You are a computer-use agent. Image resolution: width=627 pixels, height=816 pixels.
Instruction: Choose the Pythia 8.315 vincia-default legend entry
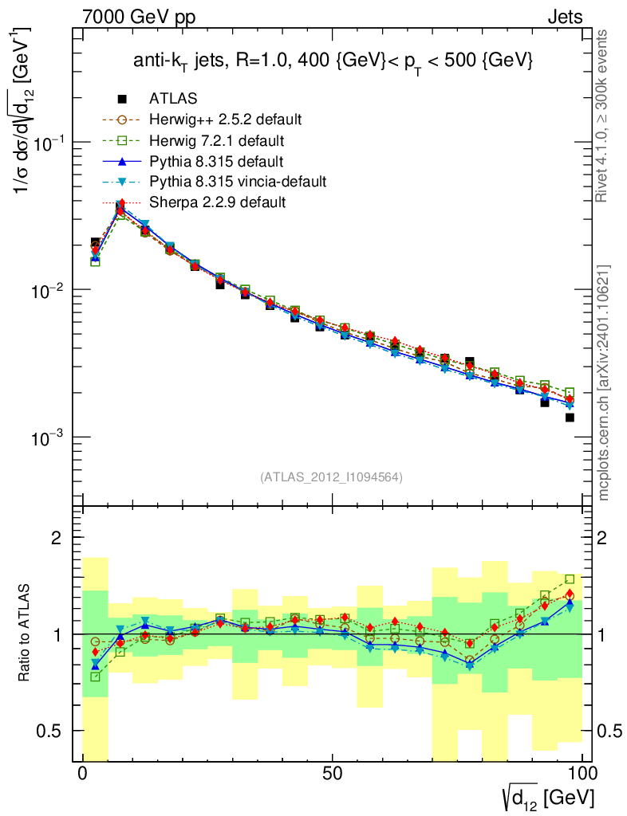(x=238, y=182)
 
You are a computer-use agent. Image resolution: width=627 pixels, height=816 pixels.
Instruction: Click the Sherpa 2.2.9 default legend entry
(x=217, y=202)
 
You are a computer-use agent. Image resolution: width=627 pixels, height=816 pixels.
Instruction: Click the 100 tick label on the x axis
(x=582, y=775)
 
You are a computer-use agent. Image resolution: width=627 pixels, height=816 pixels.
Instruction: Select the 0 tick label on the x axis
(x=83, y=775)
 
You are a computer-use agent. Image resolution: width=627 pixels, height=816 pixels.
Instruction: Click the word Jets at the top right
(x=564, y=17)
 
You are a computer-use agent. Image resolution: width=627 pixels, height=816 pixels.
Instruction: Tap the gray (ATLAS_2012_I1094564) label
(x=331, y=477)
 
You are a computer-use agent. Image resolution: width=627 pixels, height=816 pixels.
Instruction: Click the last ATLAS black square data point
(x=570, y=418)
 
